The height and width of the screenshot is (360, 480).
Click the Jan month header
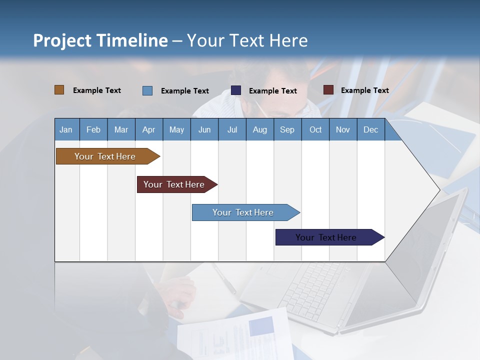66,129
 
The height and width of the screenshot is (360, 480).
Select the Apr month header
149,129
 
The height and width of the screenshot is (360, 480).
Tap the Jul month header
232,129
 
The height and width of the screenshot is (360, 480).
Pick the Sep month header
287,129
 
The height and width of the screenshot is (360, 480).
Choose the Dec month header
370,129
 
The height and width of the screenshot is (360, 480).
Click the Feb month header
93,129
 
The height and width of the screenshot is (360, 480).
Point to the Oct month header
315,129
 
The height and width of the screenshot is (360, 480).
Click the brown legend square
59,90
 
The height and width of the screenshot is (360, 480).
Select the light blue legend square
147,90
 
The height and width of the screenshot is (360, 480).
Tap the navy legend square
236,90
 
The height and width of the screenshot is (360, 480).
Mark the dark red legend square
328,90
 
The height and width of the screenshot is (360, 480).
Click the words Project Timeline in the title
100,40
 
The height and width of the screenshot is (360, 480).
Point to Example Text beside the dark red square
364,90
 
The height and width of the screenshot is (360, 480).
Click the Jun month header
204,129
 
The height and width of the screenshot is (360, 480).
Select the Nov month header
343,129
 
